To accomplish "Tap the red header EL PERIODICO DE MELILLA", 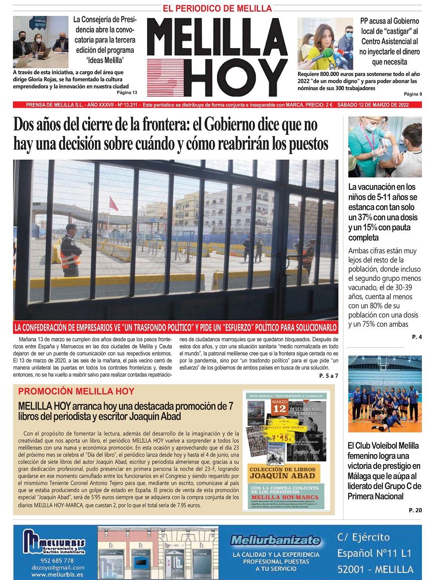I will (217, 9).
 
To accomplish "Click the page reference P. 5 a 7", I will (329, 376).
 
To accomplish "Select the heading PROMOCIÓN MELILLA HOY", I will (77, 392).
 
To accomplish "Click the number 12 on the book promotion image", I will (279, 409).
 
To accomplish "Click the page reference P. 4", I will (417, 337).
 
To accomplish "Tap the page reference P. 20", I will (415, 510).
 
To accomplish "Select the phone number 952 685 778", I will (56, 561).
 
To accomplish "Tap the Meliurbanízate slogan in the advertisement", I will (275, 540).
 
